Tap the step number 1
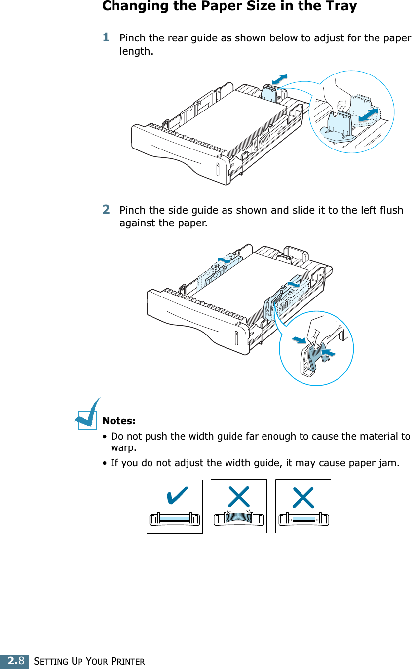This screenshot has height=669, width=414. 106,37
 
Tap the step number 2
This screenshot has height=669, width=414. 106,209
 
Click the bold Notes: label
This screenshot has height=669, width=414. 118,421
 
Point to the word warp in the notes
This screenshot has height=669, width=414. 123,448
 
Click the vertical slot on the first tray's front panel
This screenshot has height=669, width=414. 217,167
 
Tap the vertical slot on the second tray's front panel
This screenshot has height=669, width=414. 236,338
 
